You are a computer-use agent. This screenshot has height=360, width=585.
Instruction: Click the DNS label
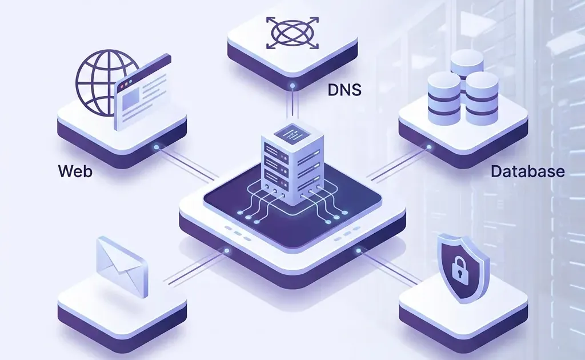344,90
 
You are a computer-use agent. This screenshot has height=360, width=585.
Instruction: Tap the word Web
75,171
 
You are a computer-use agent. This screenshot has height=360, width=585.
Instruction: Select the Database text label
527,171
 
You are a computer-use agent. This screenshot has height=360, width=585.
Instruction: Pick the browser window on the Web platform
142,93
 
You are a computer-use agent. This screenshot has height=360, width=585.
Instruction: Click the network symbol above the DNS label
292,33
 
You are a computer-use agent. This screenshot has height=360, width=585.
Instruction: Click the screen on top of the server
292,133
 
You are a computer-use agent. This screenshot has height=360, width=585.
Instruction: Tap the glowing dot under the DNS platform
292,86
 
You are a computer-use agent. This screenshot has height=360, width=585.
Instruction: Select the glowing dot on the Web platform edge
157,147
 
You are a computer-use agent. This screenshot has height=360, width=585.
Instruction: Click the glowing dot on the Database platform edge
429,147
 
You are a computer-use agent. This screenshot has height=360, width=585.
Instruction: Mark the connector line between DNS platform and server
292,103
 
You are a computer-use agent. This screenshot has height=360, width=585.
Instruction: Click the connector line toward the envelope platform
196,267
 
